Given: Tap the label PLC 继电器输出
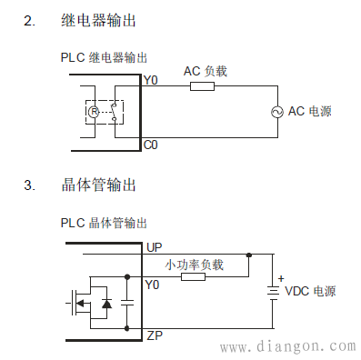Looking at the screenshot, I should [x=104, y=56].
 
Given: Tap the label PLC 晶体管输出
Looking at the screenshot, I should [x=104, y=222].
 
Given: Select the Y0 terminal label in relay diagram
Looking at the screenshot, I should [x=151, y=81].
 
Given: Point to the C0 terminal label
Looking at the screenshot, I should [x=151, y=145].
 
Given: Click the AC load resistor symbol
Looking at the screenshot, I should [x=202, y=87].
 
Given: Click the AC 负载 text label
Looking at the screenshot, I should [x=205, y=71].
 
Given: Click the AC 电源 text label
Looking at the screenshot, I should [x=309, y=112].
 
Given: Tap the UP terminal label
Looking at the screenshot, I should [x=154, y=247].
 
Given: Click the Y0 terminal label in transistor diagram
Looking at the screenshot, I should [x=152, y=285].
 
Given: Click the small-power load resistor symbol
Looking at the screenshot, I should [x=193, y=276].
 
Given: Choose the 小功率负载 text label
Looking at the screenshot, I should [x=194, y=265].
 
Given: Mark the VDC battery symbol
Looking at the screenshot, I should [x=270, y=291].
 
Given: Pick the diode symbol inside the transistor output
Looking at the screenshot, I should [x=105, y=303].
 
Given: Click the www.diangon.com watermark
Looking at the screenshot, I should [x=288, y=346].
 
